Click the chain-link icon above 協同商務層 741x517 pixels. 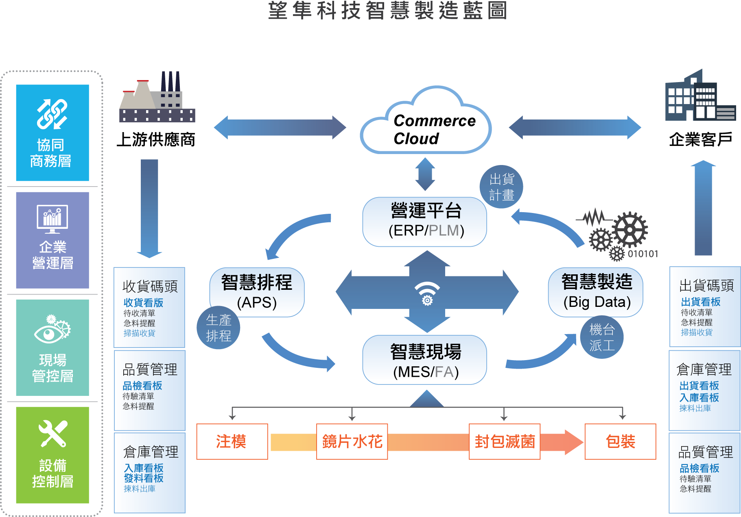[52, 114]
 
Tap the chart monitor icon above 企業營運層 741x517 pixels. [52, 219]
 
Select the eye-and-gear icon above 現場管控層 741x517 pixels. [52, 328]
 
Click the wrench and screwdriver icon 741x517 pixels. [52, 433]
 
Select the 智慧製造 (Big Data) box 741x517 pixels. [596, 291]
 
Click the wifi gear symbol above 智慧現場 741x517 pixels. [427, 293]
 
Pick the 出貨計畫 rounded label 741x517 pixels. [501, 187]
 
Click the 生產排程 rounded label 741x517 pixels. [219, 328]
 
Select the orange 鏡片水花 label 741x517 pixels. [352, 441]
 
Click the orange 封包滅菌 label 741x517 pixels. [505, 441]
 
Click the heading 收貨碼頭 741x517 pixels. [150, 286]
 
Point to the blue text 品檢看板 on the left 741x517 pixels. [142, 385]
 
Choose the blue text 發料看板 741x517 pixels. [144, 478]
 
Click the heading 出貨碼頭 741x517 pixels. [706, 285]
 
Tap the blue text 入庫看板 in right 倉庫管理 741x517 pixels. [699, 397]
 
